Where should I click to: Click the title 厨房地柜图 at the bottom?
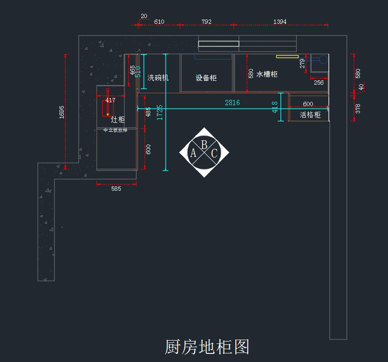(207, 347)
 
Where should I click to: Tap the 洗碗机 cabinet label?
(158, 78)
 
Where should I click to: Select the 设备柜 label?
(206, 78)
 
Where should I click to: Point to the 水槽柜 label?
(267, 74)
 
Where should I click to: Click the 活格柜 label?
(310, 115)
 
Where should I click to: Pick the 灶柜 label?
(118, 120)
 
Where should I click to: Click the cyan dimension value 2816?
(232, 103)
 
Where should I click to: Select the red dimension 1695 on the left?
(62, 112)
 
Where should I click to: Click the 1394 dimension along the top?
(280, 22)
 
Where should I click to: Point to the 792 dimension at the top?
(207, 22)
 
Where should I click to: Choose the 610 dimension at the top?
(159, 22)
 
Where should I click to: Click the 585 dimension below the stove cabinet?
(116, 189)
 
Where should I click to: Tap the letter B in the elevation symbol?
(204, 145)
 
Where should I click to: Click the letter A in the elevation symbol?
(193, 153)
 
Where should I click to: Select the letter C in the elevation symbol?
(214, 153)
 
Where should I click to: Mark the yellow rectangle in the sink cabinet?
(287, 57)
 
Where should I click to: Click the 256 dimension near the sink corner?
(318, 82)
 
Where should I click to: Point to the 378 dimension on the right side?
(358, 108)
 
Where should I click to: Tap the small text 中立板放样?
(115, 130)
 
